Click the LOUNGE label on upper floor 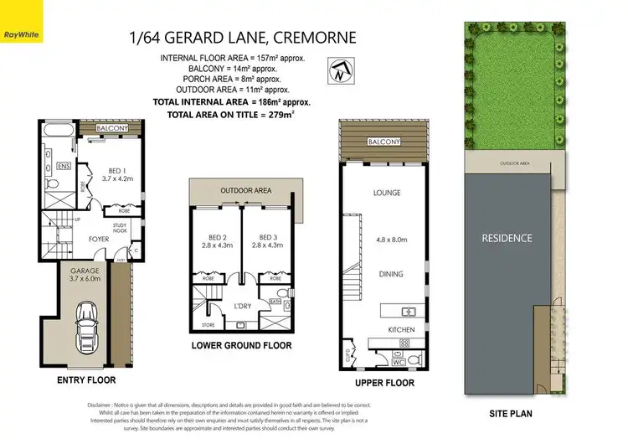pos(387,193)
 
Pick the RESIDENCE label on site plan pos(507,238)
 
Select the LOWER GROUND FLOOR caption pos(241,345)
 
